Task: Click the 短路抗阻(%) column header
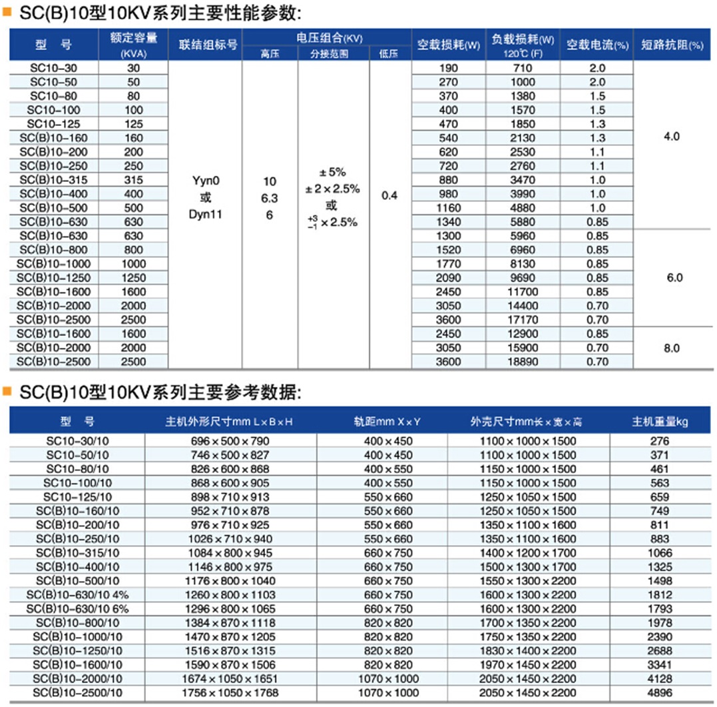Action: point(672,45)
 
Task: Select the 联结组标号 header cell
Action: point(208,45)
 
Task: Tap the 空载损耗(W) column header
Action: point(449,45)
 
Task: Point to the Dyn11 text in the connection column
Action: point(205,215)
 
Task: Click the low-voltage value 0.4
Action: point(389,197)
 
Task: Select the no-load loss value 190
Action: point(449,68)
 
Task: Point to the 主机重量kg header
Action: point(659,422)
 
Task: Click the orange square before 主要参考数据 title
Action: point(8,392)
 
